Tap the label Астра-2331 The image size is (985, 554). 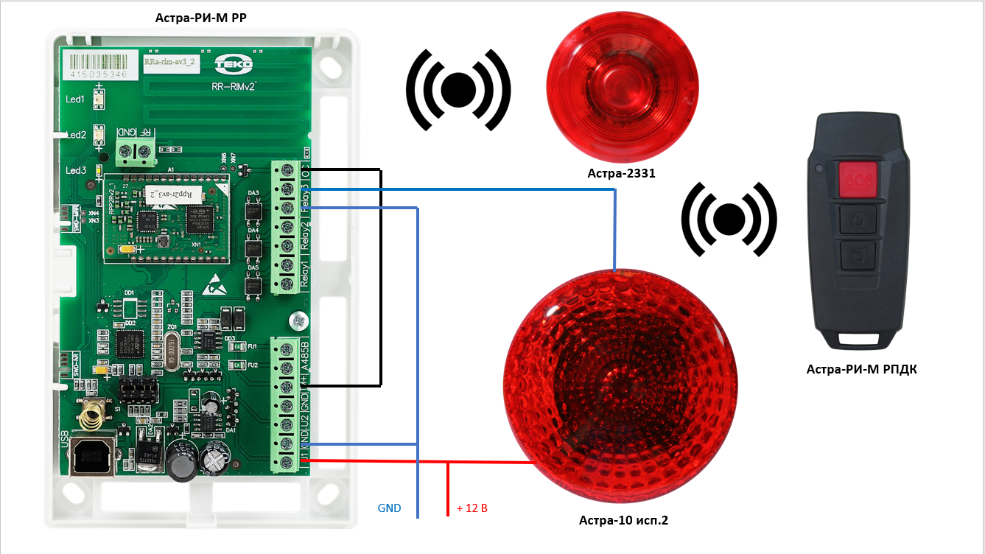click(621, 175)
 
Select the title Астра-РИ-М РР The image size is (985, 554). click(200, 17)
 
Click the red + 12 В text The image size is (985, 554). click(472, 508)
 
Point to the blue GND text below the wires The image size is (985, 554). click(389, 508)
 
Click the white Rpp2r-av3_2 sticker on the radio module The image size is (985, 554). click(167, 194)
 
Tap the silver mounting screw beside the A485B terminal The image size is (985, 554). click(298, 320)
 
